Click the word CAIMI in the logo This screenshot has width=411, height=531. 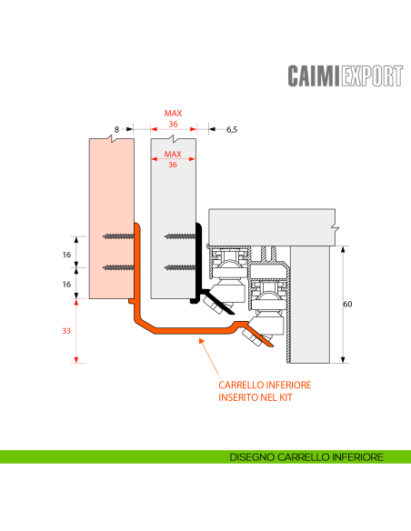coord(315,76)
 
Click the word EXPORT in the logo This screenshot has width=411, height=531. coord(371,76)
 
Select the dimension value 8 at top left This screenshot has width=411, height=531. coord(118,130)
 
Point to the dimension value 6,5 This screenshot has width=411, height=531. coord(232,130)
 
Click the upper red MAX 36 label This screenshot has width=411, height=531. coord(173,119)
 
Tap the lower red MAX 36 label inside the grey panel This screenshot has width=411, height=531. coord(173,160)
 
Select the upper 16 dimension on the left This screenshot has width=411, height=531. coord(67,255)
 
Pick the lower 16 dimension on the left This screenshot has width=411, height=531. coord(67,284)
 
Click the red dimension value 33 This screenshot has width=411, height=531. coord(66,331)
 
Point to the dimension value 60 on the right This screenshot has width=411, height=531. coord(347,305)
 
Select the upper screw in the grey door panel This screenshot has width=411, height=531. coord(179,236)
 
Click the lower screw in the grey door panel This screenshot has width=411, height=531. coord(179,267)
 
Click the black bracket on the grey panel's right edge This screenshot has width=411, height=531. coord(197,264)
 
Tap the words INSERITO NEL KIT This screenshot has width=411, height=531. coord(256,397)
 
